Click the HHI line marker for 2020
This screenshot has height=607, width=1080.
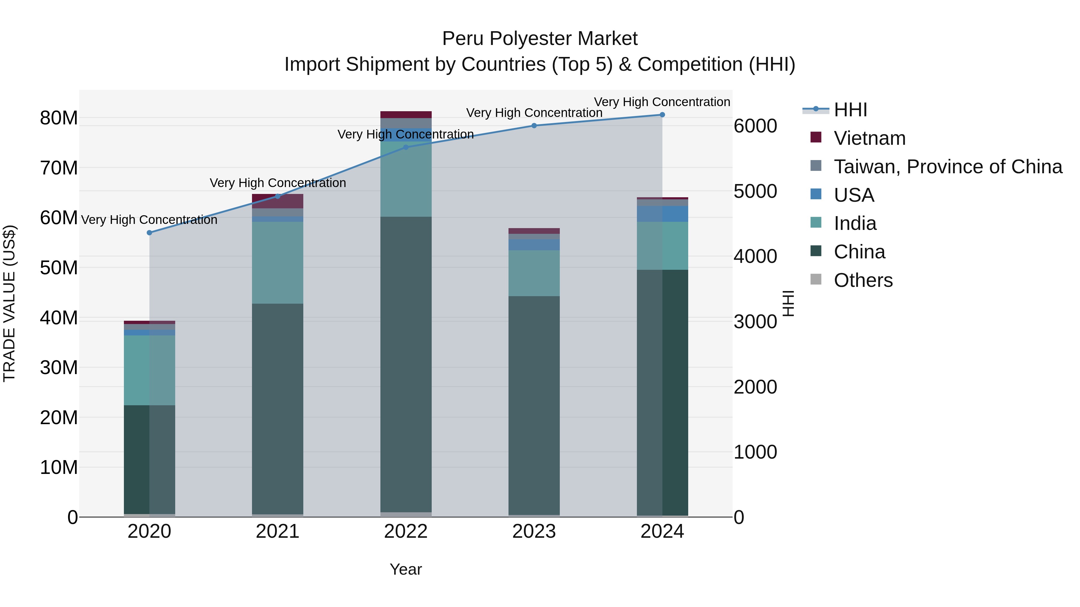[149, 233]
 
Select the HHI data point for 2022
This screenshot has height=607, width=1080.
[405, 147]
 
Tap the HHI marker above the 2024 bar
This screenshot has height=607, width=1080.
[662, 115]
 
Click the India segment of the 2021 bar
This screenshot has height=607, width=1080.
[277, 262]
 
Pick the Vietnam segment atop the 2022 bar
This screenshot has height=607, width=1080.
[405, 115]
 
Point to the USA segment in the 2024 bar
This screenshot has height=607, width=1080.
[662, 214]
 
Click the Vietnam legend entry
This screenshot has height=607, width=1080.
[869, 138]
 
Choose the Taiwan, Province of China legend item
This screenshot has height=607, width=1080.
[947, 167]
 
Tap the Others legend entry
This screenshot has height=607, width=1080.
[863, 280]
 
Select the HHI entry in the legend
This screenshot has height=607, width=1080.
[850, 110]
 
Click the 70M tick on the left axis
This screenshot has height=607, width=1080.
[59, 168]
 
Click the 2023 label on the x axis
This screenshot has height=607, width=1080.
[534, 531]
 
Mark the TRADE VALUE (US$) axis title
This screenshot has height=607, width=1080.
[9, 303]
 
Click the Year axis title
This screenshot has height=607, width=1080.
[405, 569]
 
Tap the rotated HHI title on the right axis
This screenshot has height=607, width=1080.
[788, 303]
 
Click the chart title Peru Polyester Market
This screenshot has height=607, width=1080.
[540, 39]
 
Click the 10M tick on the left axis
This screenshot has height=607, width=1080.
[59, 467]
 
